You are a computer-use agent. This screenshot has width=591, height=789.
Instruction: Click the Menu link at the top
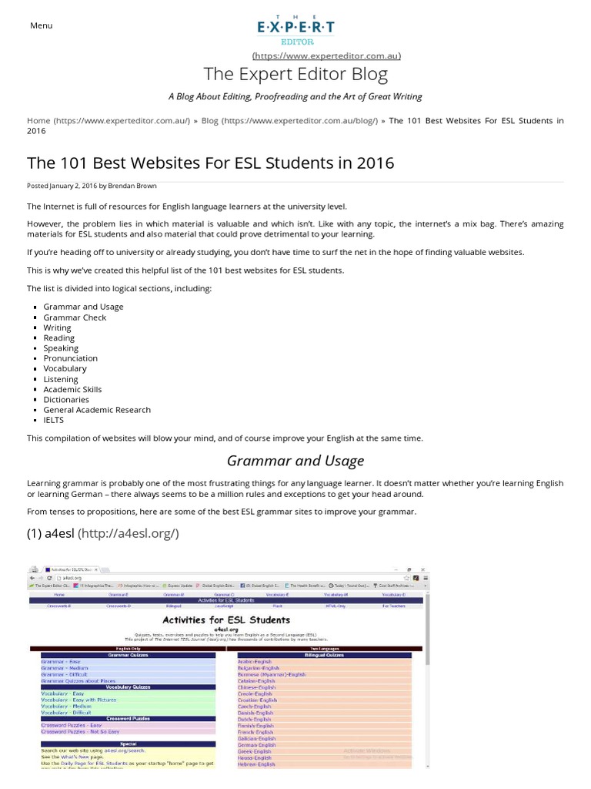tap(41, 25)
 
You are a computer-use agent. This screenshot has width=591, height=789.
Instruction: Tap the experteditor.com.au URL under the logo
tap(326, 55)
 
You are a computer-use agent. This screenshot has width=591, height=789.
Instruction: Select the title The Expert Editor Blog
tap(295, 74)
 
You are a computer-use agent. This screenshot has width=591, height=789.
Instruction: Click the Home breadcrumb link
tap(38, 120)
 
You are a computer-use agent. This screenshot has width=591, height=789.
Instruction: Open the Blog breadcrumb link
tap(210, 120)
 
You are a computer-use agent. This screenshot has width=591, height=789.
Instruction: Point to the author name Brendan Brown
tap(134, 186)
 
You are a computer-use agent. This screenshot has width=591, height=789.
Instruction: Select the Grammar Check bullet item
tap(75, 317)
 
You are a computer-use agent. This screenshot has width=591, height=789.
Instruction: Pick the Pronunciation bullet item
tap(70, 358)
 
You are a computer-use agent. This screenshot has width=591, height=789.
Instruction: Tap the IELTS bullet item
tap(53, 420)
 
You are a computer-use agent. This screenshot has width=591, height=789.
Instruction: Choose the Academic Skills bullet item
tap(72, 389)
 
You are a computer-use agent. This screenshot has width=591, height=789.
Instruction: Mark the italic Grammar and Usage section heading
tap(295, 461)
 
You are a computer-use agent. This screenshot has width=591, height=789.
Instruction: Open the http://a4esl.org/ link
tap(129, 532)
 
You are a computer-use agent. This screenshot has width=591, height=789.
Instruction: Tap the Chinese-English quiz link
tap(255, 687)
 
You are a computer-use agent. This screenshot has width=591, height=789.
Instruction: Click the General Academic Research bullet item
tap(97, 409)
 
